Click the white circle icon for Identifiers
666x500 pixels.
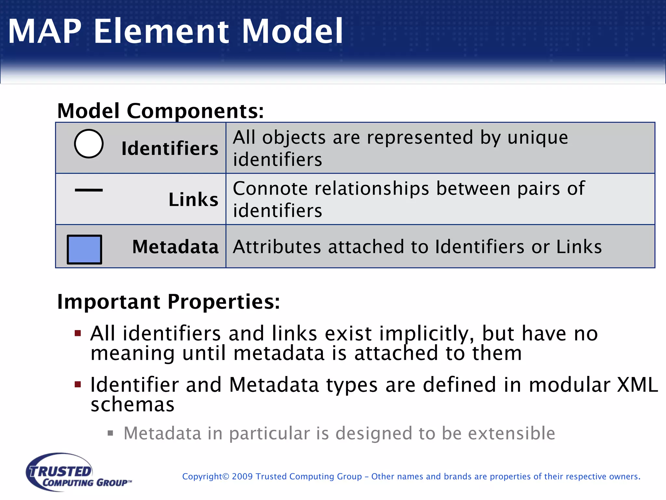coord(89,144)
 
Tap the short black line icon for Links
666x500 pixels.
coord(89,190)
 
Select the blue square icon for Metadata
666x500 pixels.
coord(85,249)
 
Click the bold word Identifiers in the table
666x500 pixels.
coord(170,148)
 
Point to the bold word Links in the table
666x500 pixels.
coord(193,199)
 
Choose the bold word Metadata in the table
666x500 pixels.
coord(175,246)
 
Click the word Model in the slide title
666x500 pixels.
coord(292,31)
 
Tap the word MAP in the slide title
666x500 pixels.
coord(45,31)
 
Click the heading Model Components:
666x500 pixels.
coord(160,111)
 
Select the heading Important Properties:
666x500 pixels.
coord(168,301)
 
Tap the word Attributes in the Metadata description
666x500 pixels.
coord(277,247)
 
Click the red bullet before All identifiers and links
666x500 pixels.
coord(78,333)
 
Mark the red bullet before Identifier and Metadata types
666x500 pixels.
coord(78,384)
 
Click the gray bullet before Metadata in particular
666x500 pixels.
coord(111,433)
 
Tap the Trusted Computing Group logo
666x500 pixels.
coord(78,472)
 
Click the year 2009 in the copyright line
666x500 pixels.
coord(242,477)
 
